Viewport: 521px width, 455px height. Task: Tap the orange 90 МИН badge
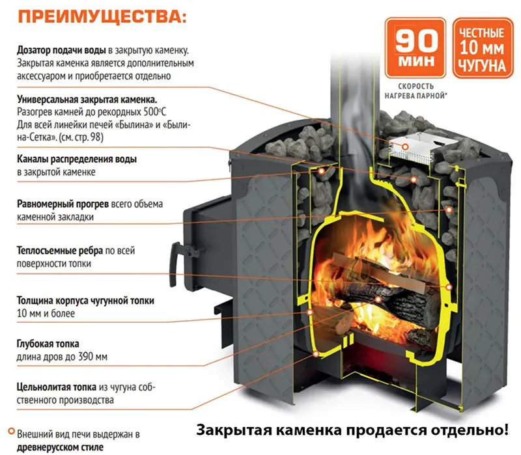(415, 48)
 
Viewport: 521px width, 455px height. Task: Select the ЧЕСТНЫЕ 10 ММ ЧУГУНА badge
(483, 48)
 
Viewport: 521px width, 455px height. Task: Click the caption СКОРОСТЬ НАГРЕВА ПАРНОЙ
(415, 91)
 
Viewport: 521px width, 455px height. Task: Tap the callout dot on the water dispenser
(405, 146)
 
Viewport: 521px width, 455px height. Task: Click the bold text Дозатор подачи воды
(61, 51)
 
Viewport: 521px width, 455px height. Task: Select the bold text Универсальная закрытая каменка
(87, 100)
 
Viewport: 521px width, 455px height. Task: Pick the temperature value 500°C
(155, 112)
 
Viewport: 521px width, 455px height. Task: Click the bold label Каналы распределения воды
(77, 159)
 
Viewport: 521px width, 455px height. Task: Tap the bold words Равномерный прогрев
(63, 204)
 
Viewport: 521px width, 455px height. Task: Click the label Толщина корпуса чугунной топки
(86, 301)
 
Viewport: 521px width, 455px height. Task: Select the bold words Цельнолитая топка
(57, 387)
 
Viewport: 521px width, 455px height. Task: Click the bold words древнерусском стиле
(60, 447)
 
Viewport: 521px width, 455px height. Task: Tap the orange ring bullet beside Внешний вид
(12, 432)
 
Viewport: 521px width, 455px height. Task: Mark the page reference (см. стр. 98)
(81, 137)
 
